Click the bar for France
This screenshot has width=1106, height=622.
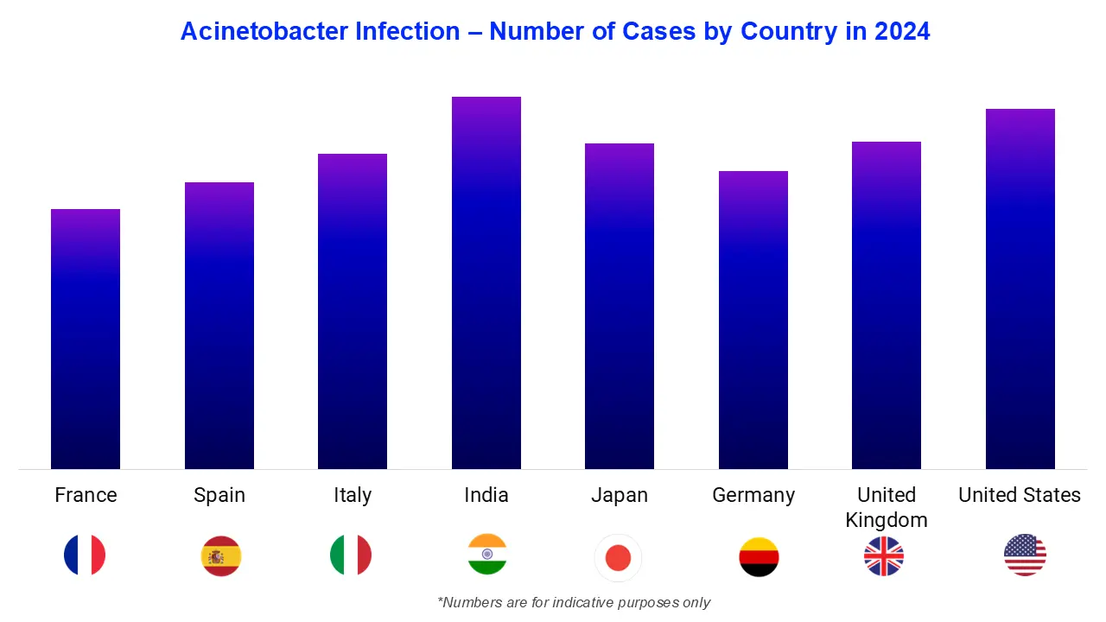point(86,340)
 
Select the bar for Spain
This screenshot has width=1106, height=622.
point(219,326)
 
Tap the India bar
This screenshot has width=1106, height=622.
point(486,283)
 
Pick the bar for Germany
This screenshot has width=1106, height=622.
point(753,321)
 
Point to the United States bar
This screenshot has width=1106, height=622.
point(1020,289)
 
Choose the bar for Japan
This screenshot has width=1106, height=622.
point(620,307)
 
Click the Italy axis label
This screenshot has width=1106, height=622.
point(353,495)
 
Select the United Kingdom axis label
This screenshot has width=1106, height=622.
point(887,507)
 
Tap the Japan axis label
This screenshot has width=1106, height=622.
point(620,495)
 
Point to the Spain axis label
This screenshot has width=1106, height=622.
point(219,495)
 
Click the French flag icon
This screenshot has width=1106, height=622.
point(85,555)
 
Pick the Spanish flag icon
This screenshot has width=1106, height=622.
point(221,556)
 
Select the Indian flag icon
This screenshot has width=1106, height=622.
point(487,555)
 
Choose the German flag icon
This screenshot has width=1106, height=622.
point(759,557)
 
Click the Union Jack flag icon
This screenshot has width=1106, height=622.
point(884,556)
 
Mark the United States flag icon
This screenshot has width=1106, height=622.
point(1025,555)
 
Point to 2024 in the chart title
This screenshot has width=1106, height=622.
point(902,32)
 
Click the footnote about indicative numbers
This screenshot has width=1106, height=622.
point(574,602)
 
